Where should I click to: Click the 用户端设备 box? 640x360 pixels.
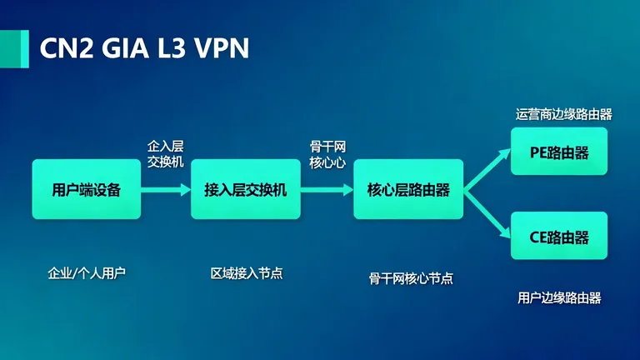coord(86,189)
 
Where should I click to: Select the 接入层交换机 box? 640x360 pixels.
coord(245,189)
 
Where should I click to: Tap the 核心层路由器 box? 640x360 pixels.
coord(408,189)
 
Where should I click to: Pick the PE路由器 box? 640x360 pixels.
coord(559,152)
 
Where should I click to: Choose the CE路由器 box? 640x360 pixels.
coord(559,236)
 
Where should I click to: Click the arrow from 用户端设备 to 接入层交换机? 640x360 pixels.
coord(166,189)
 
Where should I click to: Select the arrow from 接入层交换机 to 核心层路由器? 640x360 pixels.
coord(327,189)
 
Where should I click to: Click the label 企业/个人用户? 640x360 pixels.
coord(87,272)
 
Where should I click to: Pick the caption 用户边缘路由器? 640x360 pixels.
coord(559,297)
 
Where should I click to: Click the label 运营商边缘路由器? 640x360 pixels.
coord(564,114)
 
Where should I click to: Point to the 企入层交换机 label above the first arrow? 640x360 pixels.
coord(165,153)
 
